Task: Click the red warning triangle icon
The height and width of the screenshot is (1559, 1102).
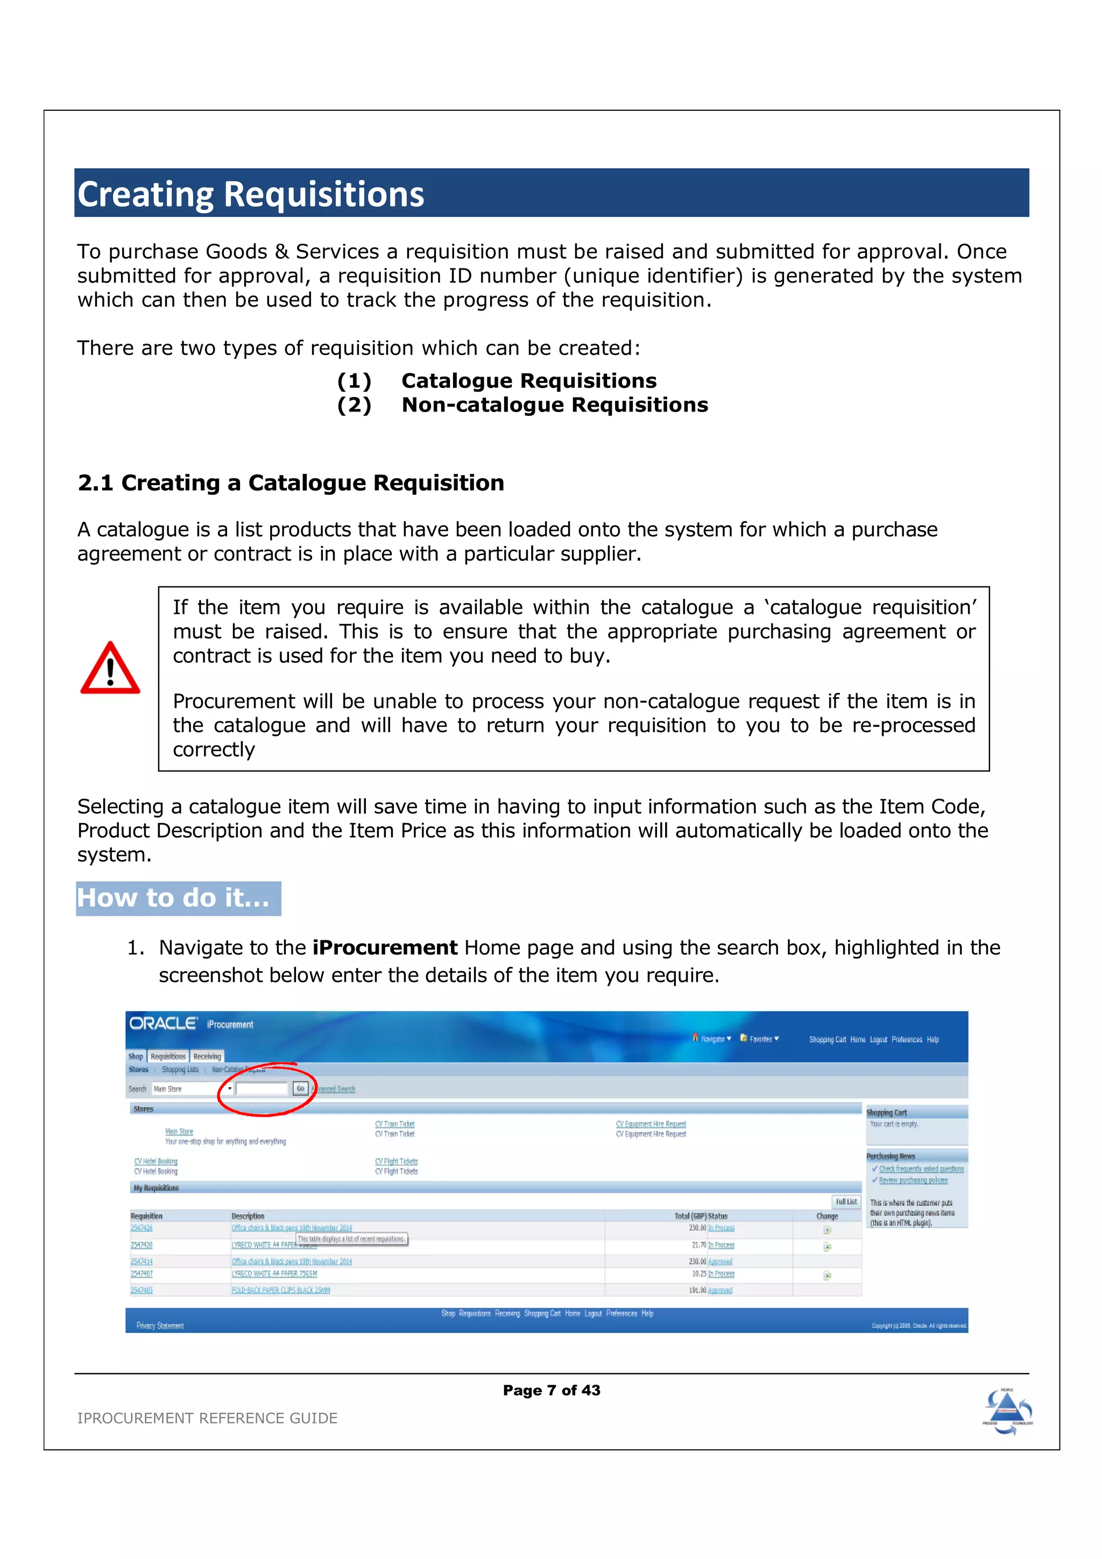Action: point(110,669)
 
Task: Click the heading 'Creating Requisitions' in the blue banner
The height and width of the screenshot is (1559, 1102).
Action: point(251,194)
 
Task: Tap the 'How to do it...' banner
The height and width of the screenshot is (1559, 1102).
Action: point(178,898)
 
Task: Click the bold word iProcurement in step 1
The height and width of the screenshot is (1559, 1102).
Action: point(385,947)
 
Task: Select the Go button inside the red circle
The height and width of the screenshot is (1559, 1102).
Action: point(300,1088)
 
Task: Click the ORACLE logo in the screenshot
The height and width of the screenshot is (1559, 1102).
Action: point(163,1023)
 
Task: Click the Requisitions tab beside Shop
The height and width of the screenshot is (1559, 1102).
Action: point(168,1057)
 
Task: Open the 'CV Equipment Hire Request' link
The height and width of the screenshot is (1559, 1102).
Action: point(651,1124)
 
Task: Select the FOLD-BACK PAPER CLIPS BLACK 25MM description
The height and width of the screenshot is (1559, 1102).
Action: point(280,1290)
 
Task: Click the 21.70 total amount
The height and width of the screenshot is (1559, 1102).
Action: point(698,1245)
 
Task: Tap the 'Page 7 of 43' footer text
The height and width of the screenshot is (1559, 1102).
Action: point(552,1390)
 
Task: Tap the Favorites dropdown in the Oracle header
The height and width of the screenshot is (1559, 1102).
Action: point(760,1039)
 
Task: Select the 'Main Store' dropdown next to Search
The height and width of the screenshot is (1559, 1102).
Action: point(192,1088)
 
